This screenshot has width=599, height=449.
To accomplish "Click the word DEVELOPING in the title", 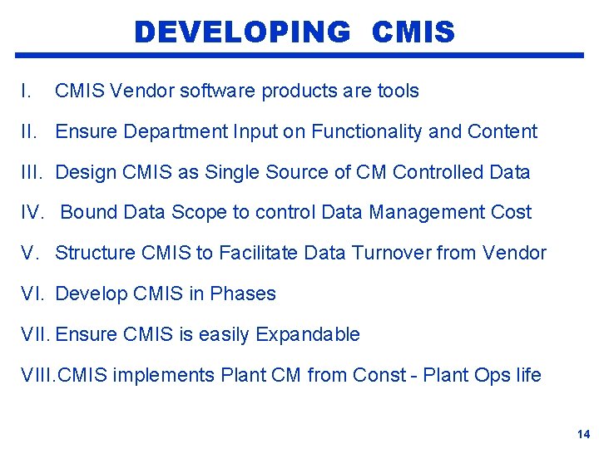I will (242, 32).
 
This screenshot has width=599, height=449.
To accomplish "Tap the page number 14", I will (583, 434).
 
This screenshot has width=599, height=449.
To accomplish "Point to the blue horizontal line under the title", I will (299, 56).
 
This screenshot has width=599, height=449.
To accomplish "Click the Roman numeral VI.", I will (32, 294).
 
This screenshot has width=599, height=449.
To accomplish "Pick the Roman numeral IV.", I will (32, 213).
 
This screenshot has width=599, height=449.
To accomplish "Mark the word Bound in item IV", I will (89, 213).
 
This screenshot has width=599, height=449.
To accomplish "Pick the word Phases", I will (243, 294).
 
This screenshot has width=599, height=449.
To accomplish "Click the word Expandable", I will (308, 334).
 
